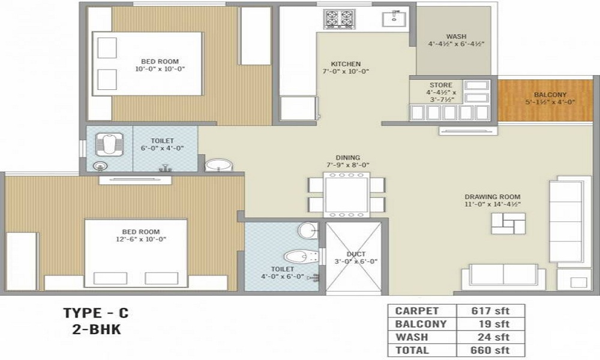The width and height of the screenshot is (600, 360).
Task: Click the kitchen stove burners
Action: pos(340,19)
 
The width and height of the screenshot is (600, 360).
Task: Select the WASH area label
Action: pos(456,37)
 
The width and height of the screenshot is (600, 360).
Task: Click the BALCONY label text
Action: pos(550,95)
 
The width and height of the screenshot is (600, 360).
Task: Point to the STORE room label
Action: pos(441,85)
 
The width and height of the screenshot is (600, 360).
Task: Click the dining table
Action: pos(346,194)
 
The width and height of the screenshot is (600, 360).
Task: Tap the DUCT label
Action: pos(356,254)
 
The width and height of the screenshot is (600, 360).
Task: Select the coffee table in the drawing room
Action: pos(503,224)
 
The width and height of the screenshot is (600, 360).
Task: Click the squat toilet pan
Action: pos(109,145)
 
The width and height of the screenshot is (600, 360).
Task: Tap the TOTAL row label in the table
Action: pos(412,350)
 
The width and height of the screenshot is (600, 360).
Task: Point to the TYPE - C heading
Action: pos(96,313)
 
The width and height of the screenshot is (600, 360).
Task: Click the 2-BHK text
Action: pos(96,329)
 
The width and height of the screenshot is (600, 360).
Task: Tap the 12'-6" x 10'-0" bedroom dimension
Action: pos(142,239)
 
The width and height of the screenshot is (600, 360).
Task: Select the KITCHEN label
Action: pos(346,64)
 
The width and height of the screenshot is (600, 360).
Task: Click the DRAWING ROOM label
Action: pos(492,197)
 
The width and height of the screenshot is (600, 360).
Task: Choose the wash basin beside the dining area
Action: pos(218,164)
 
